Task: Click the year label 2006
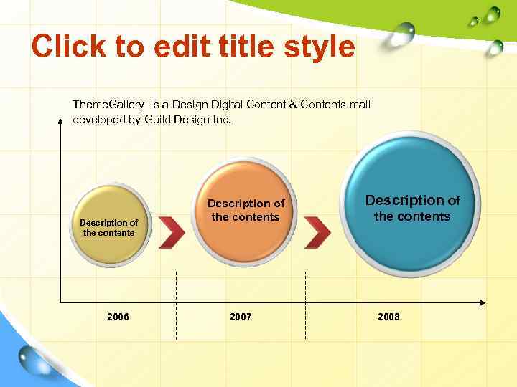[118, 317]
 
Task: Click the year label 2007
[241, 317]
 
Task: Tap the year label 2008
[388, 317]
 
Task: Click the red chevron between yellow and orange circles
[172, 230]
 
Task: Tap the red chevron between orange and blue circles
[317, 230]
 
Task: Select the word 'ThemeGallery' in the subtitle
[108, 105]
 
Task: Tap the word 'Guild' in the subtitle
[157, 120]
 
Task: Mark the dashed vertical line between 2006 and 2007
[177, 305]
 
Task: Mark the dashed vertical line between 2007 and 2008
[306, 305]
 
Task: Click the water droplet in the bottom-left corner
[32, 358]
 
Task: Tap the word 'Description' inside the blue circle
[404, 201]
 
